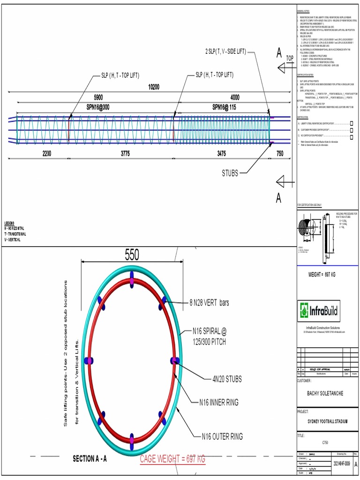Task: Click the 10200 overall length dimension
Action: click(x=154, y=87)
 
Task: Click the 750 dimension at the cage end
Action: click(x=280, y=153)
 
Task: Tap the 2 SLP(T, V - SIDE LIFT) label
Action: click(x=226, y=51)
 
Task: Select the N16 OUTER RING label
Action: click(x=222, y=437)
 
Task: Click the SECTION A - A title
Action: click(x=90, y=459)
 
